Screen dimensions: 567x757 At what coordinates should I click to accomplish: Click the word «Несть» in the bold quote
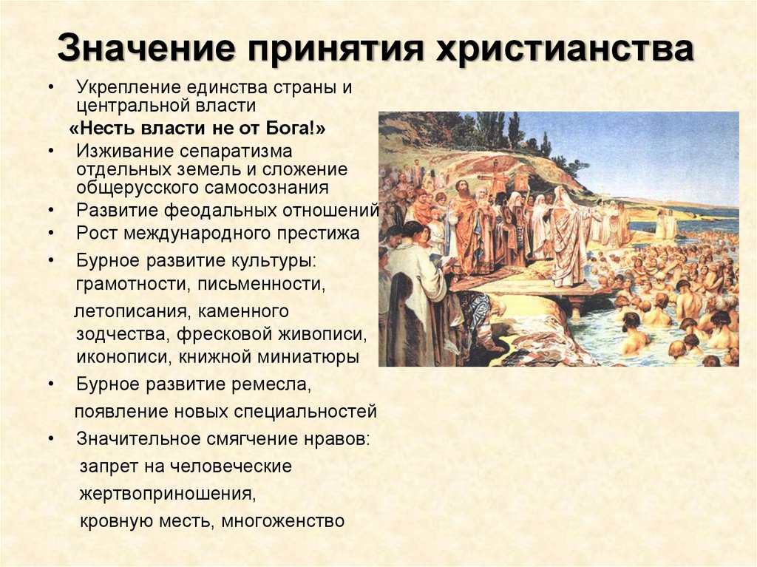(102, 128)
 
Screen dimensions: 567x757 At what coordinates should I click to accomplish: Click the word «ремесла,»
(272, 384)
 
